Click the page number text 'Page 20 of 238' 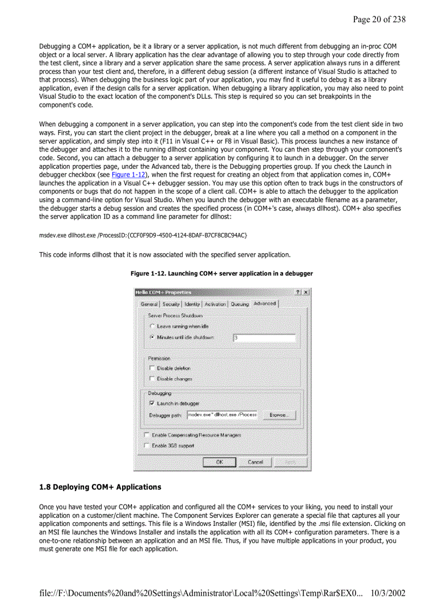pyautogui.click(x=379, y=20)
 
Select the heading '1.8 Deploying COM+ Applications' pyautogui.click(x=100, y=487)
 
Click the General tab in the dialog pyautogui.click(x=149, y=304)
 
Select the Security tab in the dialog pyautogui.click(x=171, y=304)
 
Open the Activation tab pyautogui.click(x=215, y=304)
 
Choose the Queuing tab pyautogui.click(x=239, y=304)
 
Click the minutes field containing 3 pyautogui.click(x=264, y=338)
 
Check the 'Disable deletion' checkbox pyautogui.click(x=152, y=368)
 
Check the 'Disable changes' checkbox pyautogui.click(x=152, y=378)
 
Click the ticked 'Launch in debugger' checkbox pyautogui.click(x=152, y=403)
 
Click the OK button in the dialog pyautogui.click(x=219, y=462)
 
